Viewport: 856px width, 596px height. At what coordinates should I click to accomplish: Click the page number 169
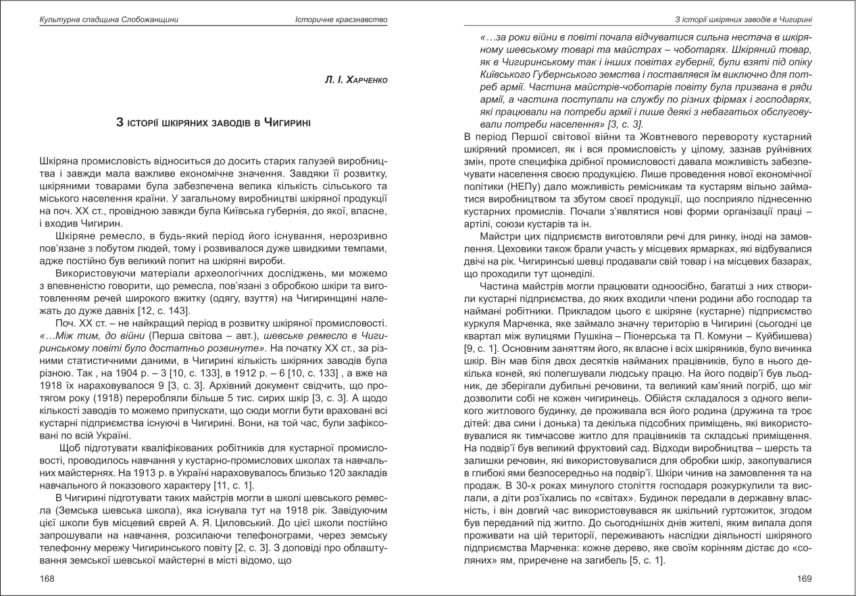(804, 578)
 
